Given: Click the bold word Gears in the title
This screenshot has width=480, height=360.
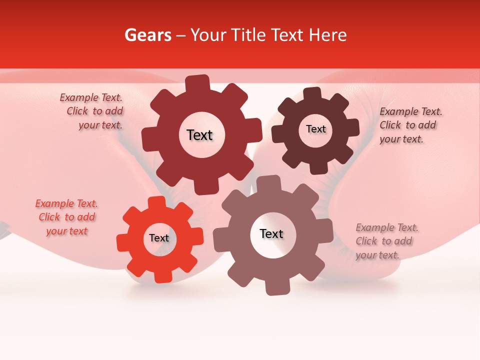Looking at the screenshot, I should pos(147,35).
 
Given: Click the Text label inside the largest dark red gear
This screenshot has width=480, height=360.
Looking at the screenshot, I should pos(199,135).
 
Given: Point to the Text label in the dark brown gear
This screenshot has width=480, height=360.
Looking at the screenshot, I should pos(315,129).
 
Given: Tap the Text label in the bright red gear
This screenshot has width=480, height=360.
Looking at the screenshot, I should pos(159,238).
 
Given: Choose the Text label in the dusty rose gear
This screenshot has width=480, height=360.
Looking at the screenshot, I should pos(271,234).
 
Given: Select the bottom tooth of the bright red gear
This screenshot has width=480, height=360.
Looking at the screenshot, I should pos(162,276).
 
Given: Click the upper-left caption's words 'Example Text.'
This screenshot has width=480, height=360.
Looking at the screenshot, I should pos(91,98).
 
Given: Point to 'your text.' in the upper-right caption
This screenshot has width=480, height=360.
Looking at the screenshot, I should pos(401,139).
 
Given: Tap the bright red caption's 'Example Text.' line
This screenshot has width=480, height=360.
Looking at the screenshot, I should pos(66,203).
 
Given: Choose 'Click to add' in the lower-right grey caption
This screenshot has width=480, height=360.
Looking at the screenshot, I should pos(383,241).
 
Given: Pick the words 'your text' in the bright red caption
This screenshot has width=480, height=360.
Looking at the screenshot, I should pos(66,231).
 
